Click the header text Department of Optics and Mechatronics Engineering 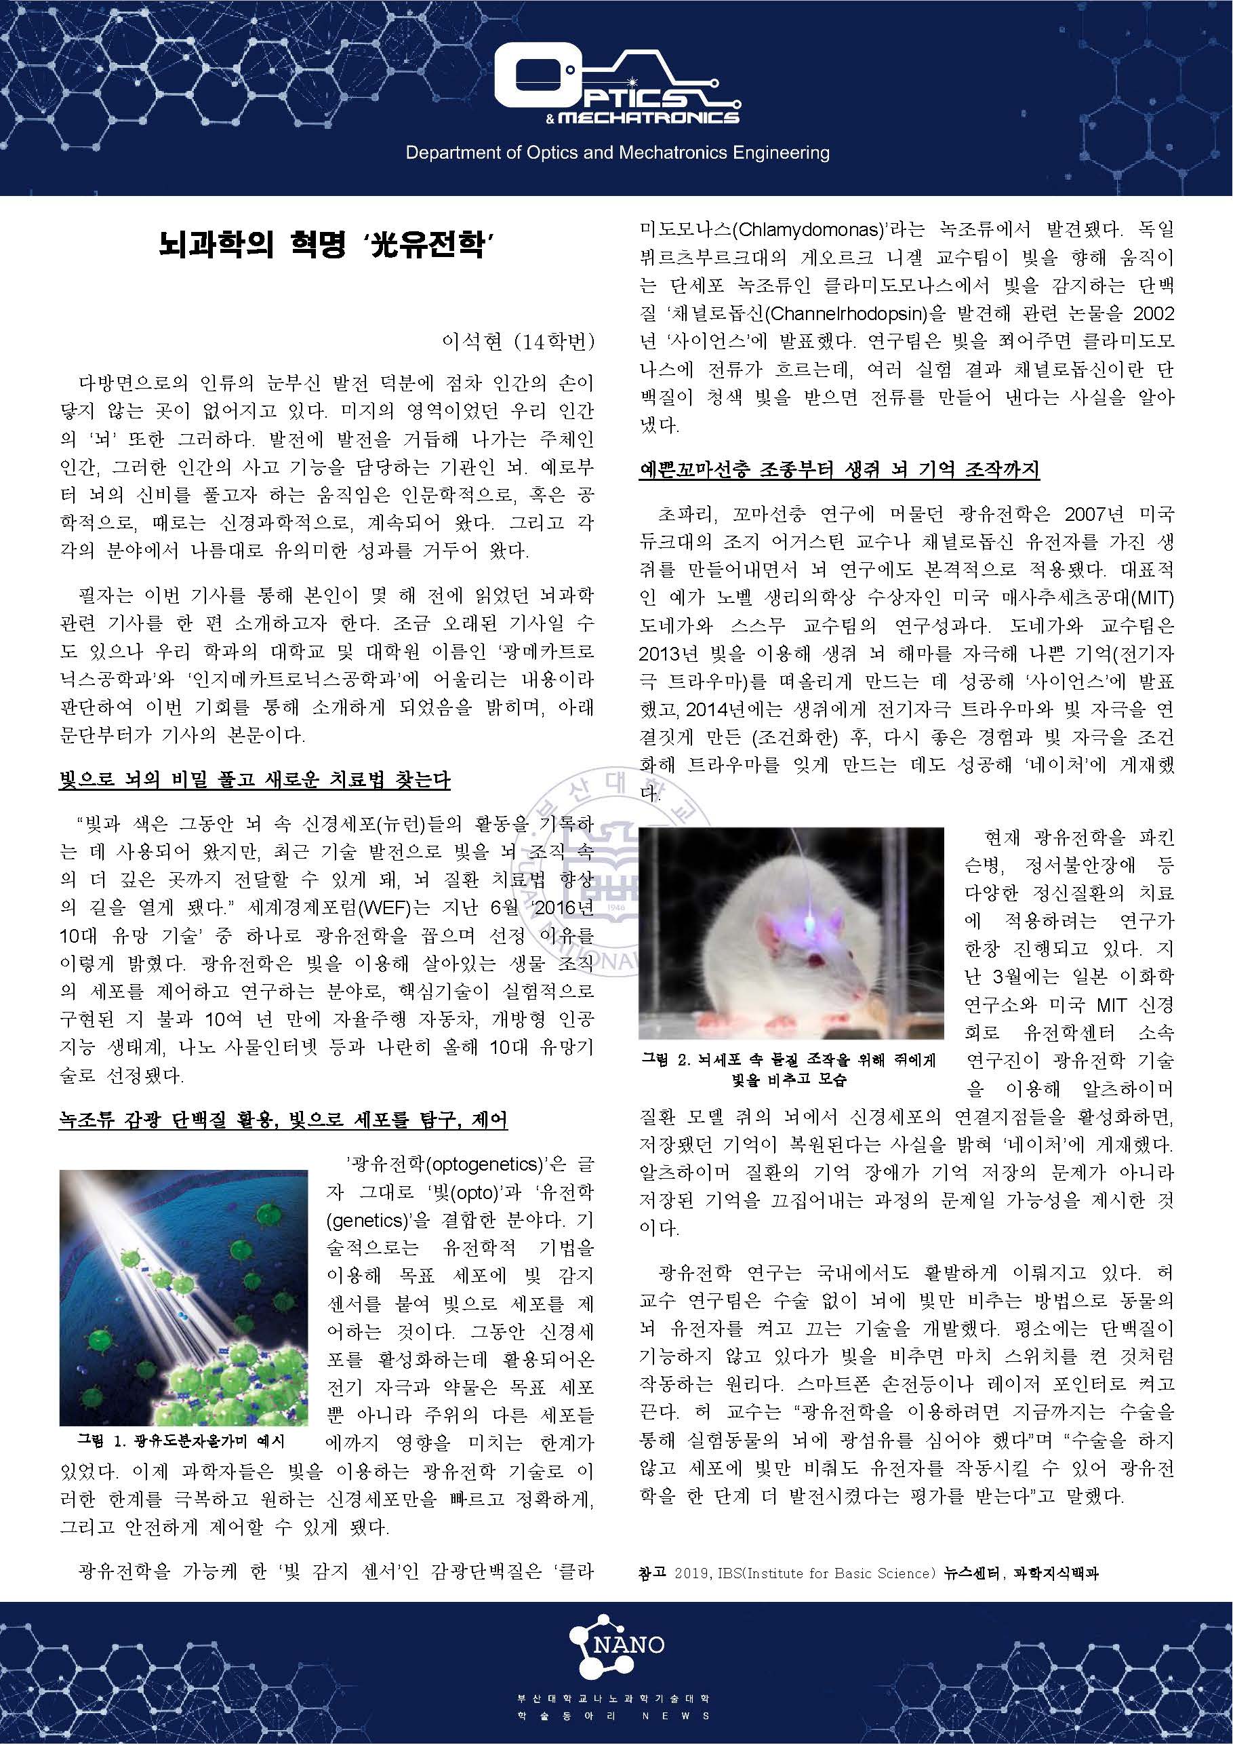(617, 153)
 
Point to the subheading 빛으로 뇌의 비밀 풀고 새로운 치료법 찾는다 (254, 780)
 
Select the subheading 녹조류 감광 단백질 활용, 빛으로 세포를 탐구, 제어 (283, 1120)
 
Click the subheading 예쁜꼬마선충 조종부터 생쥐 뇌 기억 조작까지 (838, 469)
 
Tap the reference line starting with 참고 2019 (868, 1573)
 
